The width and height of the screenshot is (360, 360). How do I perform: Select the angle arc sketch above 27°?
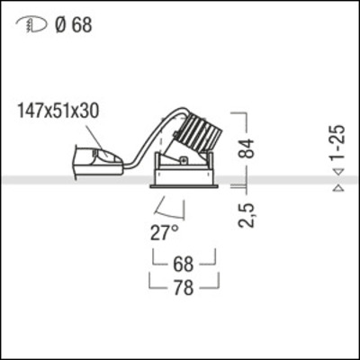click(x=175, y=209)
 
